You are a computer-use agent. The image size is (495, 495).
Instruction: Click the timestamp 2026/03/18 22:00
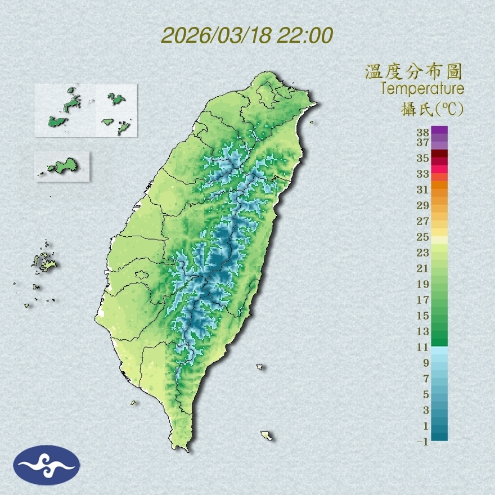click(247, 35)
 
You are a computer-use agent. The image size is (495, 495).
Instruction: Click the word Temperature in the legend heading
click(422, 89)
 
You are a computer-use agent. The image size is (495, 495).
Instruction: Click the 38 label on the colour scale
click(423, 133)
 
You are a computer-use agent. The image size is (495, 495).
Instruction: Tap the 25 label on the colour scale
click(423, 236)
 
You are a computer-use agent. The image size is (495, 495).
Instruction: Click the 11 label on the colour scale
click(423, 347)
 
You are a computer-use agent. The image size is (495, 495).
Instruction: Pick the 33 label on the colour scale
click(423, 173)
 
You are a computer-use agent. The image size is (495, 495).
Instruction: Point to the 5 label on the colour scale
click(426, 394)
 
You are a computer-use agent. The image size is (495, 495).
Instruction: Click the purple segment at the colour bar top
click(439, 131)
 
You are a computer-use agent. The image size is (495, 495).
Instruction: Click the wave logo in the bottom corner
click(47, 465)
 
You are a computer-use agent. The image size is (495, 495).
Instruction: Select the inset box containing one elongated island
click(62, 166)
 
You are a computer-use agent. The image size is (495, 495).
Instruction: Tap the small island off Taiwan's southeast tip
click(267, 435)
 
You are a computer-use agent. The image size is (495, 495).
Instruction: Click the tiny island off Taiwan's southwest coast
click(134, 402)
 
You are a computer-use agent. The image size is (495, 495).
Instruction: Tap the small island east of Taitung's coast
click(260, 367)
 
